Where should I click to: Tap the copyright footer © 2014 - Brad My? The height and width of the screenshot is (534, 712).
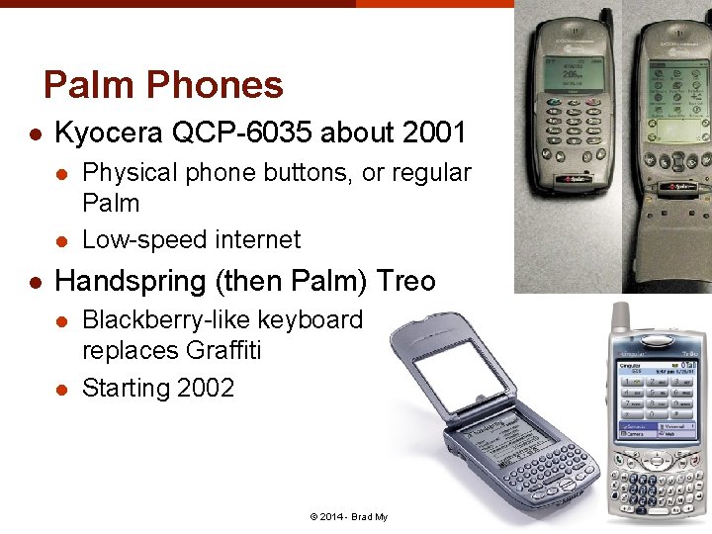348,517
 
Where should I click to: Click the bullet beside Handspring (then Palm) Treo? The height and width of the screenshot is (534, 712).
35,282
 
